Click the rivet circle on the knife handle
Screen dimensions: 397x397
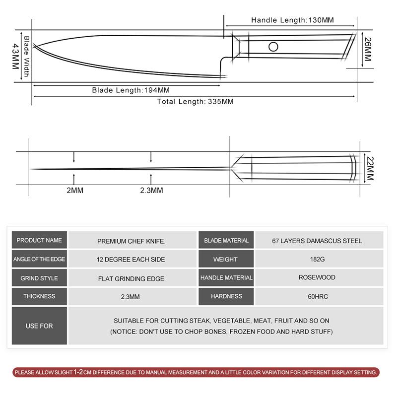tap(273, 47)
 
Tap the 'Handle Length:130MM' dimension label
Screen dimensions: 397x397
tap(293, 20)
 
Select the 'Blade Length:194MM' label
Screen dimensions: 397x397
tap(131, 90)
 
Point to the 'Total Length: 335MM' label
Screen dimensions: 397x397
tap(195, 101)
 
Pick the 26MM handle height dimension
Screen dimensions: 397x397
tap(368, 50)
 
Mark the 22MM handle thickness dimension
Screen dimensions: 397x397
tap(369, 168)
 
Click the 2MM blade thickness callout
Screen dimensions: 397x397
tap(74, 190)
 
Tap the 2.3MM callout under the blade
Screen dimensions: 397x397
tap(151, 190)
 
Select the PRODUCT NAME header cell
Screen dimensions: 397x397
tap(39, 240)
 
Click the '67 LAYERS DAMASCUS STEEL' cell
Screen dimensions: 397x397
tap(317, 241)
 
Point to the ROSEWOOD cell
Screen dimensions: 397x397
tap(317, 277)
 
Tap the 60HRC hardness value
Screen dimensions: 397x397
tap(317, 296)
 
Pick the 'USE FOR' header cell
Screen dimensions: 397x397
tap(39, 326)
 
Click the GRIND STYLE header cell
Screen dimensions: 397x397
tap(39, 278)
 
